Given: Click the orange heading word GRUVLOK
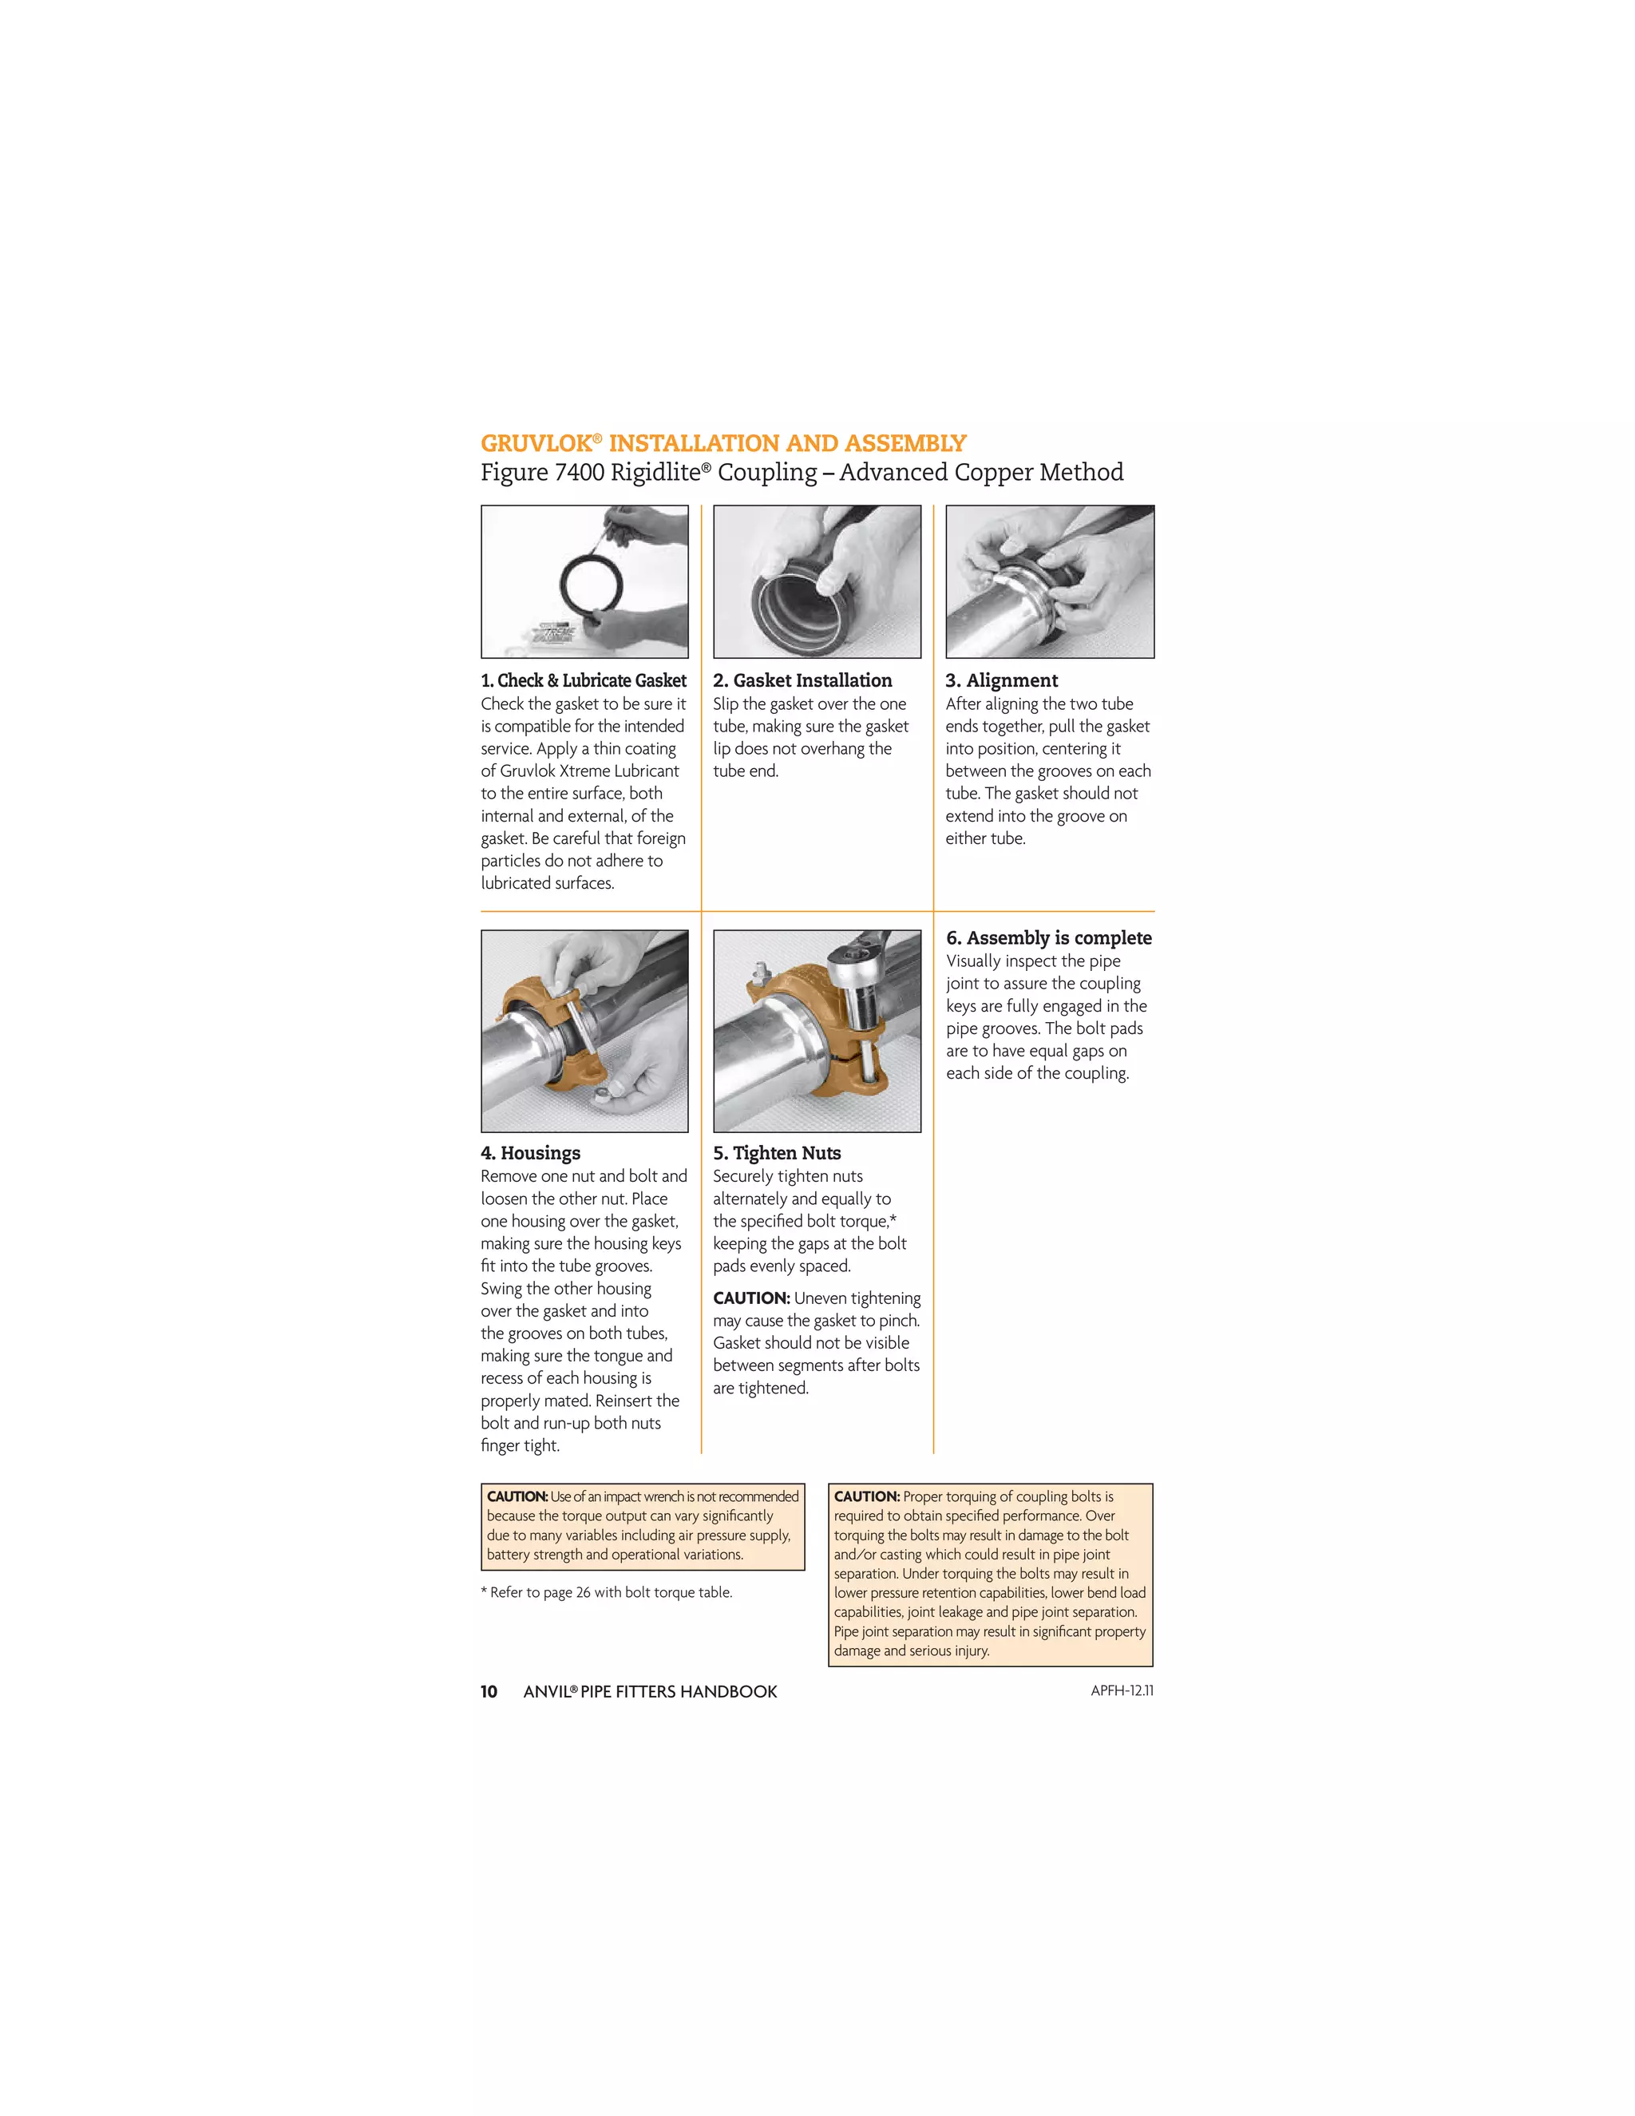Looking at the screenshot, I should (x=536, y=444).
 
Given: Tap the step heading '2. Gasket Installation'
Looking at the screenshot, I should (x=802, y=680).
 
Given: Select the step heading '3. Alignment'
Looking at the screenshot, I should (x=1002, y=680).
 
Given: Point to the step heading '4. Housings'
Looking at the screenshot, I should (x=531, y=1153).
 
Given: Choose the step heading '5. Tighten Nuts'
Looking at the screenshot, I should (x=777, y=1153).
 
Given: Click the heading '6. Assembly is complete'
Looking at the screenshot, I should (x=1048, y=938).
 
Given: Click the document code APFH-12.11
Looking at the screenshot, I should (x=1122, y=1690).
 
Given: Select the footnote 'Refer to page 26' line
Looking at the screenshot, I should (x=607, y=1592).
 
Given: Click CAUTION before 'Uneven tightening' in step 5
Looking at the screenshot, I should (x=750, y=1298).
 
